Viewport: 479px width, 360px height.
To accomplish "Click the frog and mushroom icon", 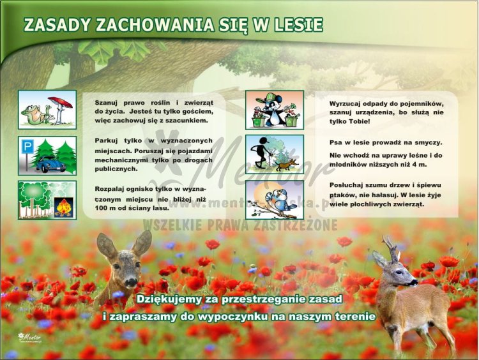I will [x=47, y=109].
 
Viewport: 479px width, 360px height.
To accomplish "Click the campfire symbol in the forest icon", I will [x=63, y=206].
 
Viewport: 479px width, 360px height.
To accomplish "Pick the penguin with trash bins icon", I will [x=275, y=110].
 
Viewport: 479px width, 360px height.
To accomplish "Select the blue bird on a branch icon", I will [x=275, y=199].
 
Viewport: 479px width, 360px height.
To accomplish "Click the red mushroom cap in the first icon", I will [x=59, y=101].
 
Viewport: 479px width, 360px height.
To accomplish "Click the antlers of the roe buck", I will [x=390, y=246].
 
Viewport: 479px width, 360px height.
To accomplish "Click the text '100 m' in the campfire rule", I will [x=105, y=208].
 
